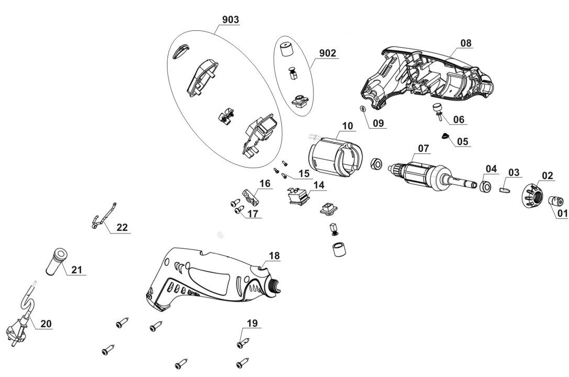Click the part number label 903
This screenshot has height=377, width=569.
pyautogui.click(x=231, y=20)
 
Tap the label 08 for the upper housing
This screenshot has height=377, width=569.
pyautogui.click(x=466, y=42)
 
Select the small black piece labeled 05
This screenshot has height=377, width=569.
pyautogui.click(x=445, y=136)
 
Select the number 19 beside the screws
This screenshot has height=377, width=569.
pyautogui.click(x=252, y=324)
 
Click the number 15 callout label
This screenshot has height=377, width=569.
pyautogui.click(x=304, y=173)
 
